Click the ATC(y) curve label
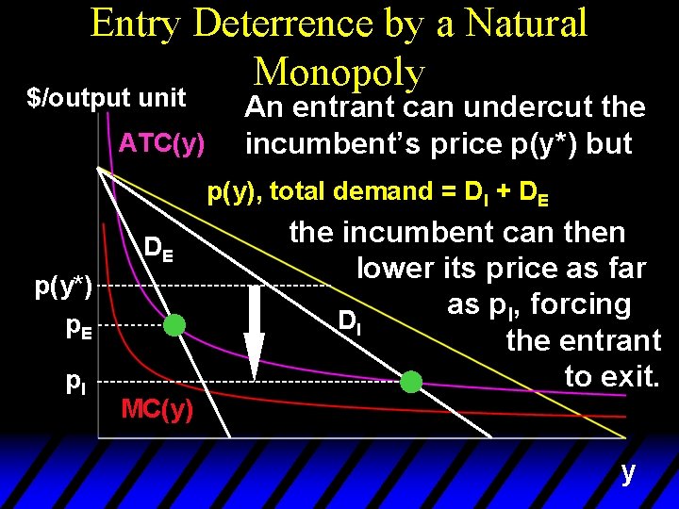(x=162, y=144)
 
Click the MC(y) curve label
(x=157, y=409)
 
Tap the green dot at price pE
(x=174, y=326)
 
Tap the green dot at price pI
(x=411, y=382)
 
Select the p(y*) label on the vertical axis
(x=63, y=287)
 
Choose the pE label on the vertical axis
(x=79, y=327)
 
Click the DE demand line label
(x=157, y=249)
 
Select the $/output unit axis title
(x=106, y=98)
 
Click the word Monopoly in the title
(x=340, y=71)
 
